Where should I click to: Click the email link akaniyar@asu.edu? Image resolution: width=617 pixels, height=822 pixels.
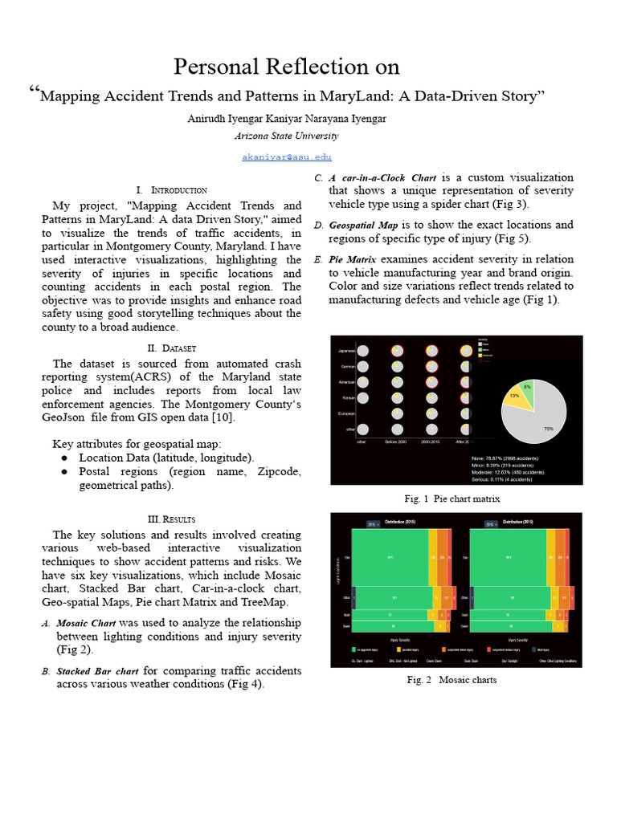287,157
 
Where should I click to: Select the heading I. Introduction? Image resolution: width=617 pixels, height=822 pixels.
172,189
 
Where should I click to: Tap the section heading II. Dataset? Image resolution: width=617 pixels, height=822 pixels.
172,348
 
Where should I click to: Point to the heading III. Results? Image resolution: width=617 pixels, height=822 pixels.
172,519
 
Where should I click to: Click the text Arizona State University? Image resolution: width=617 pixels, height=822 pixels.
287,136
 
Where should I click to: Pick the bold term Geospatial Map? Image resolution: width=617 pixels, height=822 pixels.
363,225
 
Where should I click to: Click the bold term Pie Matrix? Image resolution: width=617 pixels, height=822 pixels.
352,259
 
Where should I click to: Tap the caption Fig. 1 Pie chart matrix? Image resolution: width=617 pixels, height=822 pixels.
452,498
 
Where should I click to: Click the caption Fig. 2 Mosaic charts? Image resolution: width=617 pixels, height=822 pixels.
452,680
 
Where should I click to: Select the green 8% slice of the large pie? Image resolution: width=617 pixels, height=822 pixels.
525,389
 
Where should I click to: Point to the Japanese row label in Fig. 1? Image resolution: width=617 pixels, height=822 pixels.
345,351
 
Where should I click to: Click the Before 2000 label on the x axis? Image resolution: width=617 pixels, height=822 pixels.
396,442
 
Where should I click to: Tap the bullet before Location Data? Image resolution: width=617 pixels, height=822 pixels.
63,458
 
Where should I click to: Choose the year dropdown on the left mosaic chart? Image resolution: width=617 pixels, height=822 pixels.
373,523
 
